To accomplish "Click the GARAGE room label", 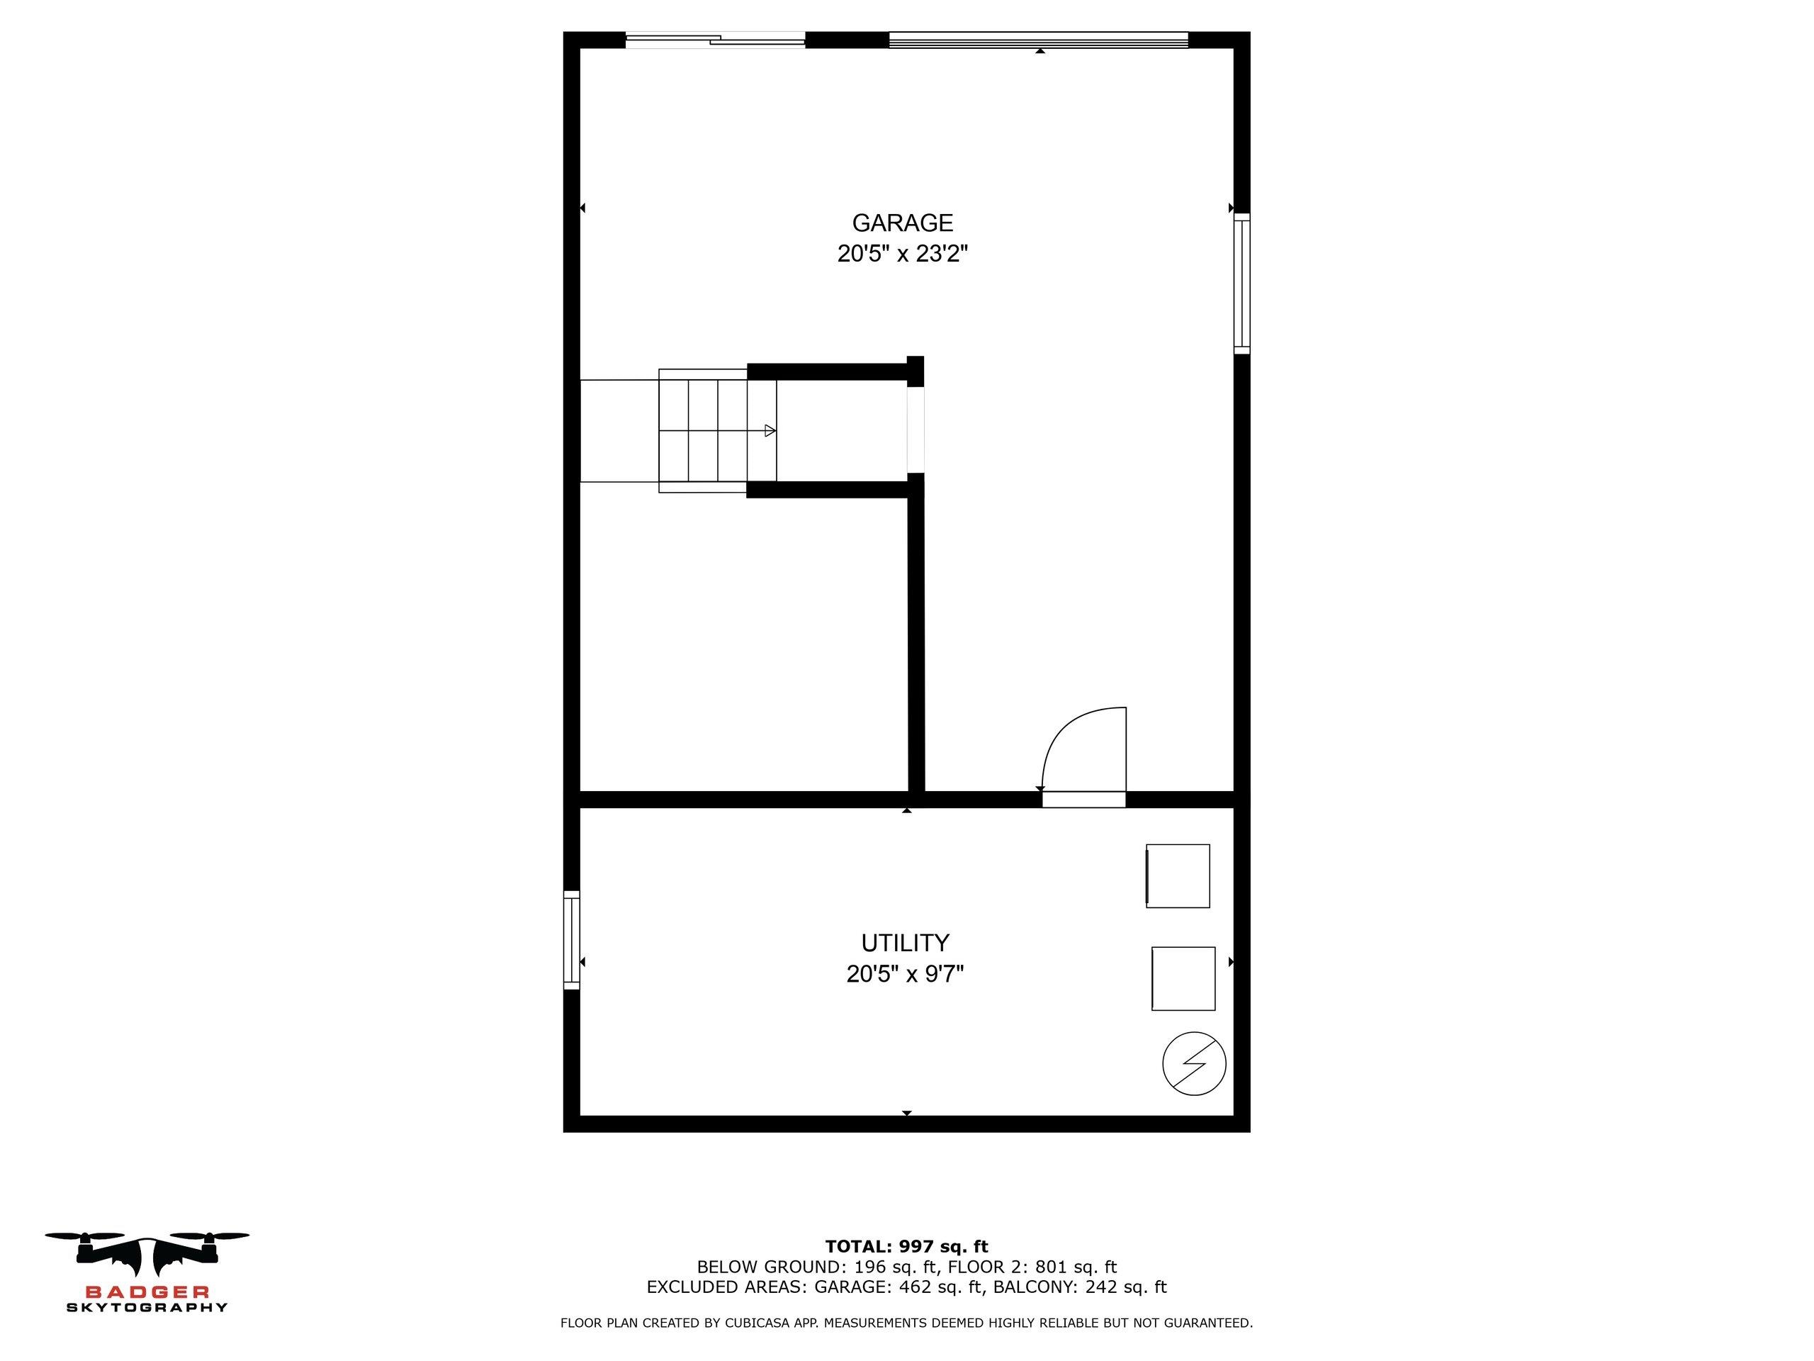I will [902, 223].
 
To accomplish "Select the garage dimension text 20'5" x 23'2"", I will [902, 254].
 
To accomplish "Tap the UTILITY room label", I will [905, 943].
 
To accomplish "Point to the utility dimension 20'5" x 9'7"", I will [905, 974].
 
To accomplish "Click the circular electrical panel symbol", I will [1194, 1063].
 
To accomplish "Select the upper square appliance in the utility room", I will [1178, 876].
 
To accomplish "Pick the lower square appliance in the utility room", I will [1183, 979].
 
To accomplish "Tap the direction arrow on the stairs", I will [770, 431].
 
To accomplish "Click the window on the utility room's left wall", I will [572, 940].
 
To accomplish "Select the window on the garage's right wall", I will [1241, 284].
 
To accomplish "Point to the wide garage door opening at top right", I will [1038, 40].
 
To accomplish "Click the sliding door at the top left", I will [715, 40].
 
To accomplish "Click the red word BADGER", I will [147, 1293].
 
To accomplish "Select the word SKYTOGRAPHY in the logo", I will [147, 1308].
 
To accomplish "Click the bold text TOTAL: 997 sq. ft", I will [906, 1247].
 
